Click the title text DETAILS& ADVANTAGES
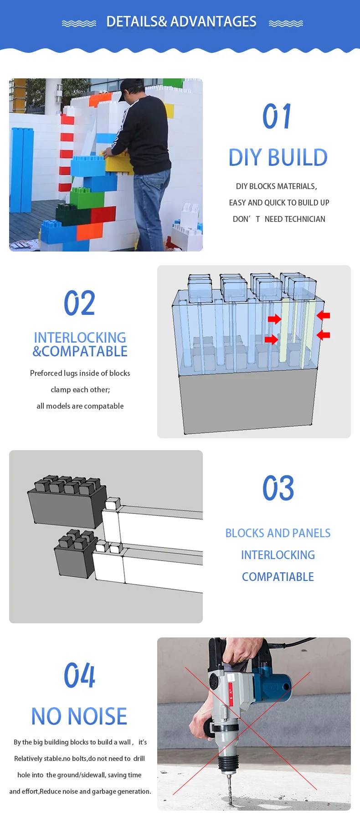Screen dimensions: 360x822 pos(181,22)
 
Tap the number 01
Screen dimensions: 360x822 pos(277,116)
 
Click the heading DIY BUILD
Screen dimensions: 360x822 pos(278,158)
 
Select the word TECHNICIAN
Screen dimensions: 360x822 pos(305,219)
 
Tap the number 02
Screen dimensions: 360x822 pos(80,303)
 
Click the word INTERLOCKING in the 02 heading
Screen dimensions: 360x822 pos(80,338)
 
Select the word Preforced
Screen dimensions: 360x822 pos(46,373)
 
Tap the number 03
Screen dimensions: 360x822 pos(278,488)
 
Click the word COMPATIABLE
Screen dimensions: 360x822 pos(278,577)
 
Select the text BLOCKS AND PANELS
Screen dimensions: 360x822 pos(278,533)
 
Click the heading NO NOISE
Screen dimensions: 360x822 pos(79,716)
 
